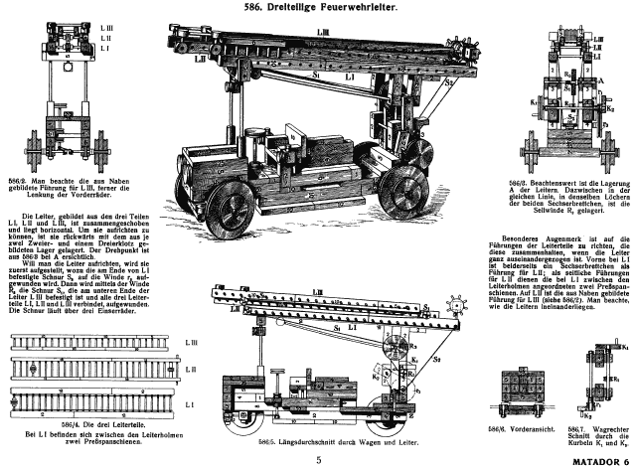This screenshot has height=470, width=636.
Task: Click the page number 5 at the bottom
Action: (x=319, y=460)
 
